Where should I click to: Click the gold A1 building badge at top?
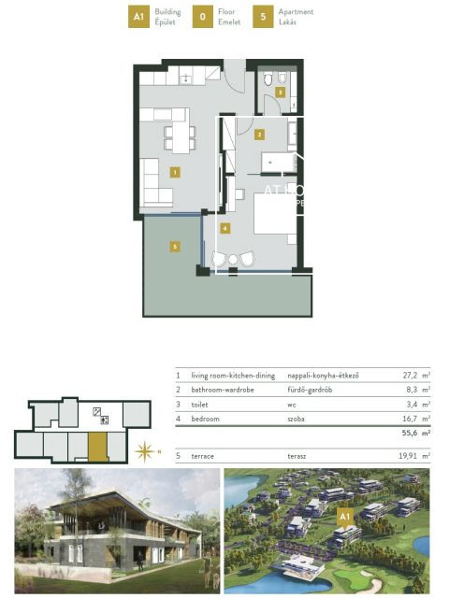(x=138, y=16)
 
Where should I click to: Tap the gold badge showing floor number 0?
(x=203, y=16)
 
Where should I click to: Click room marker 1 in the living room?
(x=175, y=172)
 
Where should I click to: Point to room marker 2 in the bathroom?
(x=259, y=135)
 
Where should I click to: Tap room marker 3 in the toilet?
(x=279, y=92)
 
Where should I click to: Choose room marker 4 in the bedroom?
(x=224, y=227)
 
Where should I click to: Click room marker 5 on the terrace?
(x=174, y=246)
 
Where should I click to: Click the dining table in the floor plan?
(x=180, y=137)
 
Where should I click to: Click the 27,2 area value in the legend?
(x=408, y=376)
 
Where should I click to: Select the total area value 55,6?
(x=409, y=434)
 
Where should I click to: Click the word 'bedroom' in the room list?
(x=206, y=419)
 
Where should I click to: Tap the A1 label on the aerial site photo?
(x=344, y=515)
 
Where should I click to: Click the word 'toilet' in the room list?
(x=200, y=405)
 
